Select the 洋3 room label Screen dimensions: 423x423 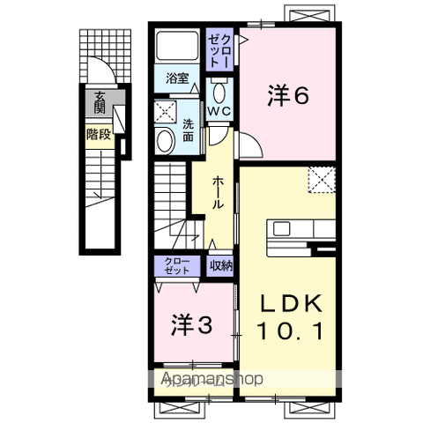(191, 325)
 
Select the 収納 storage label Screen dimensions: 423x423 (220, 265)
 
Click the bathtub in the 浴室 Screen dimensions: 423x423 (176, 49)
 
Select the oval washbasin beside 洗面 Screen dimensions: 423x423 (165, 140)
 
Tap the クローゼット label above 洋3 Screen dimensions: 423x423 (177, 265)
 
